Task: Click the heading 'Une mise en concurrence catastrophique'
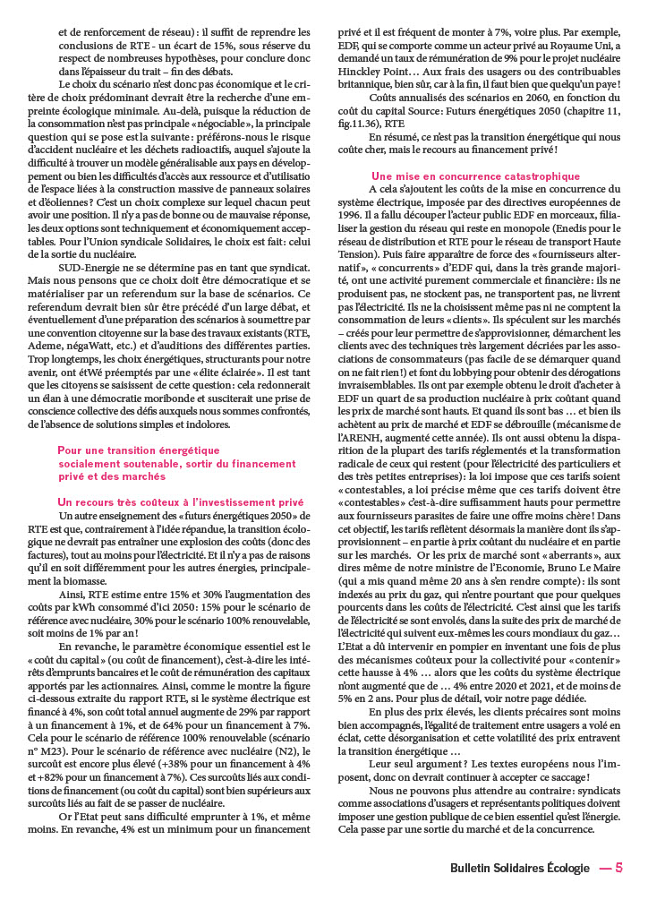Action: point(475,176)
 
